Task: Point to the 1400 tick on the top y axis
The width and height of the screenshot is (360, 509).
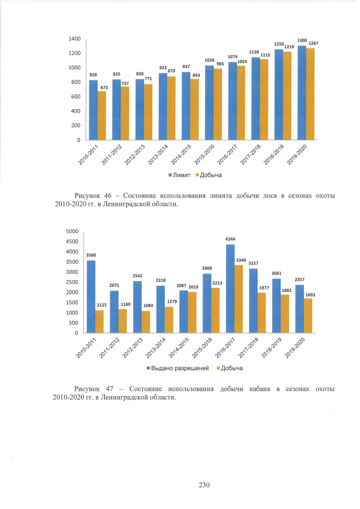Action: [74, 39]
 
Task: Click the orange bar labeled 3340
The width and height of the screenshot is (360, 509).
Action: [239, 299]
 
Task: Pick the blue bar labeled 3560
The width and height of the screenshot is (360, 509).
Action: [91, 296]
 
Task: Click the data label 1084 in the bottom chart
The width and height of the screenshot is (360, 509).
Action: [148, 305]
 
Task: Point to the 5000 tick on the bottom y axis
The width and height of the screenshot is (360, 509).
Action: [71, 231]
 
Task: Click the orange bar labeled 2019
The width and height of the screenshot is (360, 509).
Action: [193, 312]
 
